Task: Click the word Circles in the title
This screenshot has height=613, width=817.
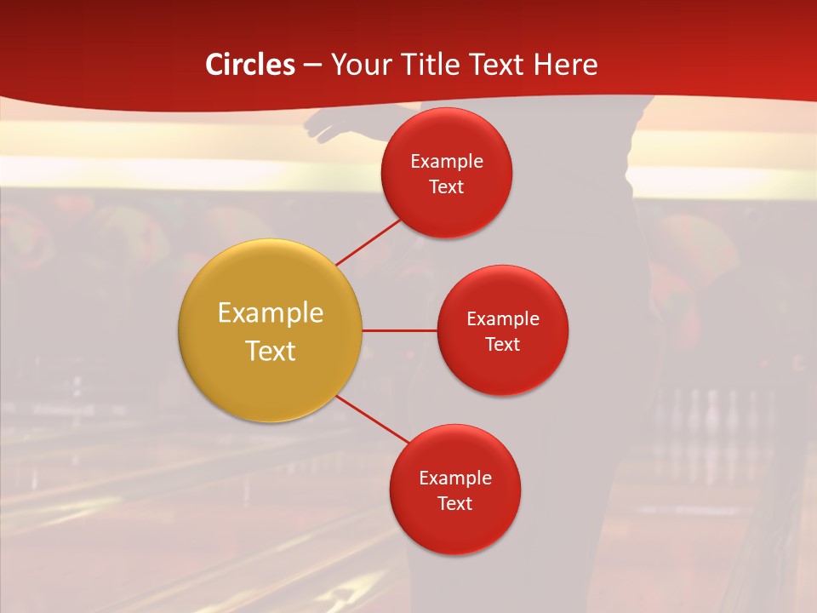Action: pos(249,65)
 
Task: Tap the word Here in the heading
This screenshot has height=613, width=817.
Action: pos(565,65)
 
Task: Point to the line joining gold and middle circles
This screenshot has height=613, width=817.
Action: pos(400,330)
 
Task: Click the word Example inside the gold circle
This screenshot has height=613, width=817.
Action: pos(271,313)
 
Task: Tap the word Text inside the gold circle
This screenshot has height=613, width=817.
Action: pos(271,351)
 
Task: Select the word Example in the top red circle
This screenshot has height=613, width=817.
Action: pos(447,162)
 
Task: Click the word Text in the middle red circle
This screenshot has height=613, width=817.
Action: pos(502,344)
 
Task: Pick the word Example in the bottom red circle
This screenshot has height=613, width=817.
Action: pos(454,478)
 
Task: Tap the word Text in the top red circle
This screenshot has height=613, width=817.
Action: pos(447,186)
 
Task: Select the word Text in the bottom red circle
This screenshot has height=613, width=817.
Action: pos(454,503)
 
